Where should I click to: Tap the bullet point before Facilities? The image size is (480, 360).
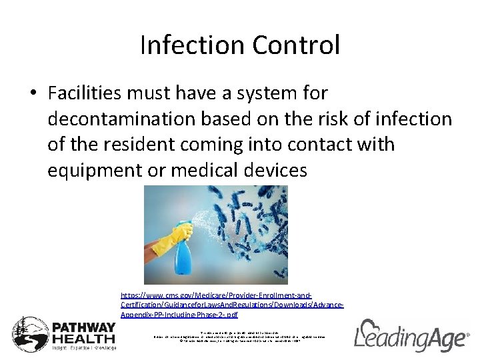32,94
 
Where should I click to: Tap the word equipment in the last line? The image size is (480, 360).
97,170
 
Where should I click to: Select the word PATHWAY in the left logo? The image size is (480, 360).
84,327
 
